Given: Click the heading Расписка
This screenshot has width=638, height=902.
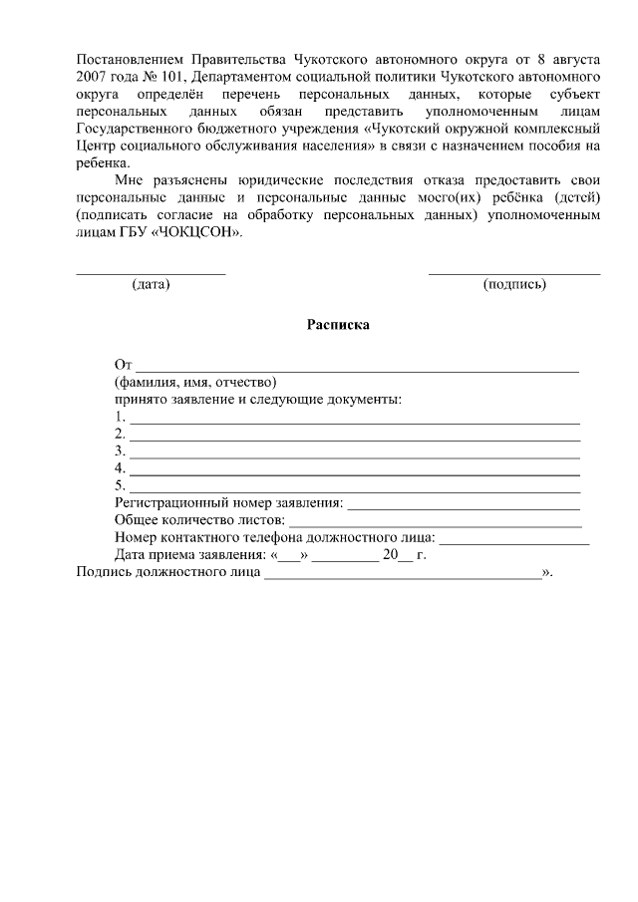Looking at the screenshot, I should pos(338,325).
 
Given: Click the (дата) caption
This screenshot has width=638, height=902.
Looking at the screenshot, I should pos(151,284).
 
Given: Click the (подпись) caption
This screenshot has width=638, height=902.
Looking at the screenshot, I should pos(513,284).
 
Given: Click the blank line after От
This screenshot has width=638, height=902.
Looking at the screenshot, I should pos(357,369).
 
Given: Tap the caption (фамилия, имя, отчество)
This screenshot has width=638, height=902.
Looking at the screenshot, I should pos(194,383).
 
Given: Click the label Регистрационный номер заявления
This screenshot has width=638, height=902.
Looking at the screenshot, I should pos(228,503).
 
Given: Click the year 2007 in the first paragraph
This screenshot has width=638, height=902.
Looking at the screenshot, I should pos(93,76).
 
